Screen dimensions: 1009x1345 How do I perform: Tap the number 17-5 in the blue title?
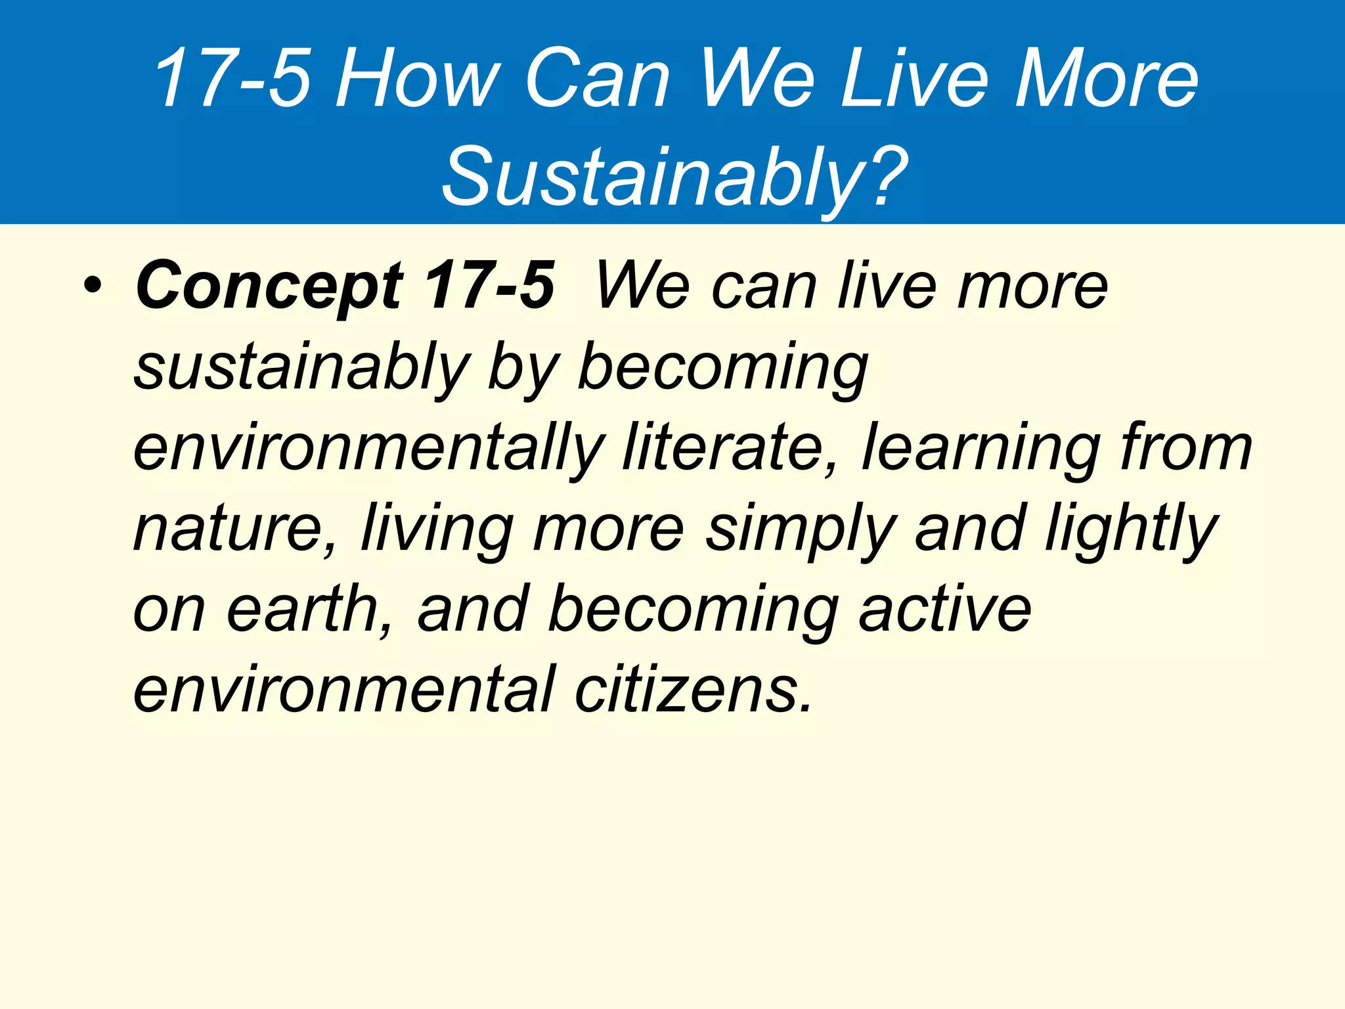coord(232,79)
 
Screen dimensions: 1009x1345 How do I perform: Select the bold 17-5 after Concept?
coord(489,285)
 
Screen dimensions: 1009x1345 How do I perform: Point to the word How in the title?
coord(418,79)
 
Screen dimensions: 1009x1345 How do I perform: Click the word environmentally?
coord(368,449)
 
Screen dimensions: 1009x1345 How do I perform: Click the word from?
coord(1187,448)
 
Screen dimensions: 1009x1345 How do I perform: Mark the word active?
coord(945,610)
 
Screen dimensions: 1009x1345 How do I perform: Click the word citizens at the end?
coord(694,690)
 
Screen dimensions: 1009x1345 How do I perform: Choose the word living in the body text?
coord(437,529)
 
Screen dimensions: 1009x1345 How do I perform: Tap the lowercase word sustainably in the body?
coord(302,368)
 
